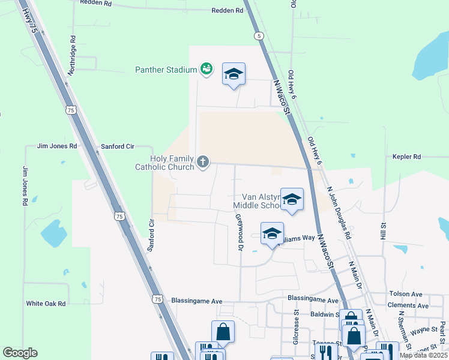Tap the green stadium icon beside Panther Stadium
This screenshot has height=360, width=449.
coord(206,70)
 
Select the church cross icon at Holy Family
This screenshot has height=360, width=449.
coord(203,161)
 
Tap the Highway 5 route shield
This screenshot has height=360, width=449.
coord(259,37)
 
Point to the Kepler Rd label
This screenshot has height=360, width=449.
coord(408,157)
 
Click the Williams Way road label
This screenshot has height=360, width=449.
coord(297,238)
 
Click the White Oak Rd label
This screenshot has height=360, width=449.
coord(45,304)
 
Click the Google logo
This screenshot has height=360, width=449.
coord(19,353)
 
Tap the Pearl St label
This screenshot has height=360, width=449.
coord(442,329)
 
